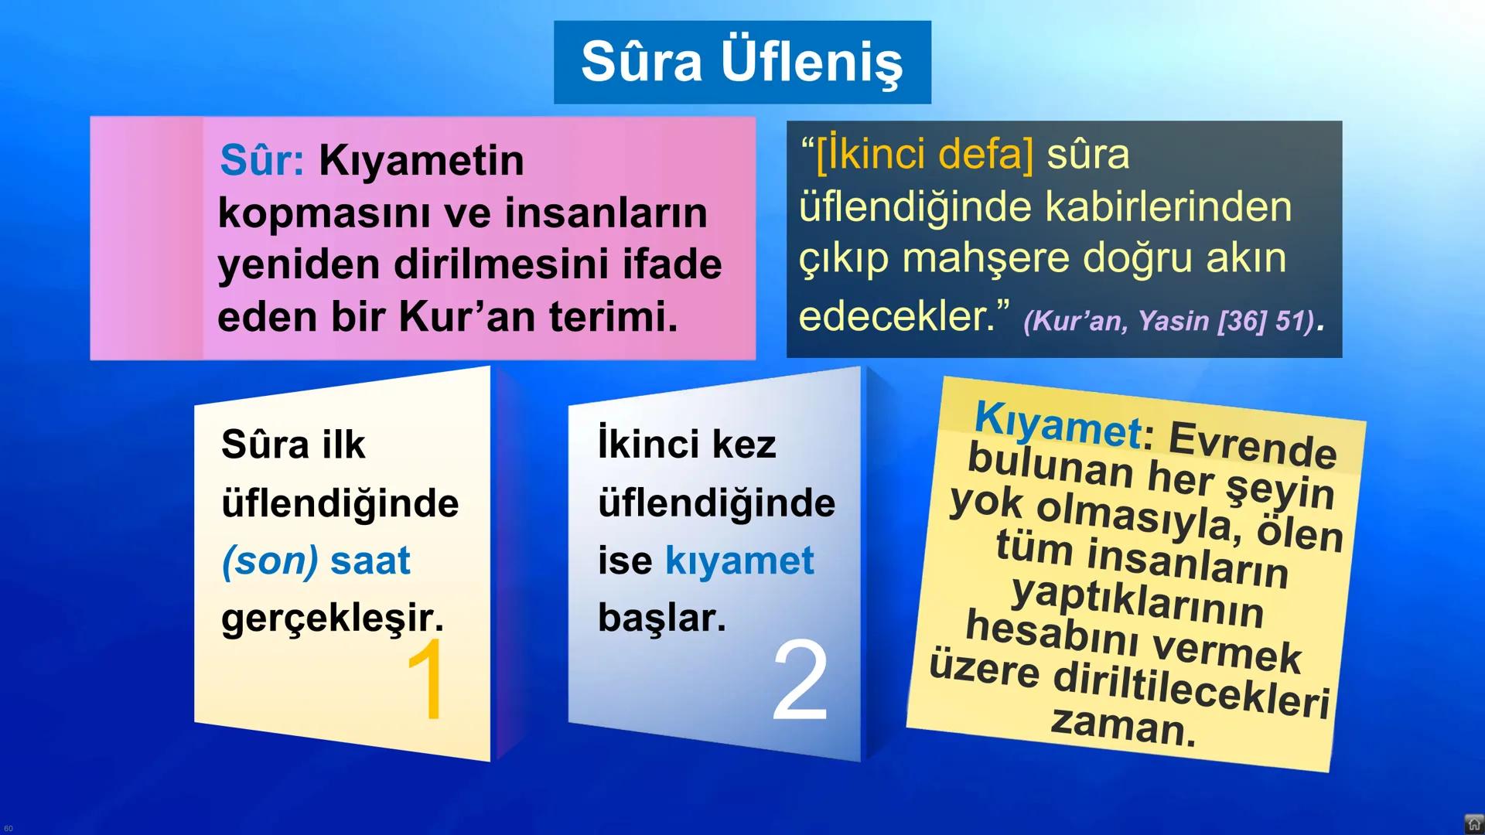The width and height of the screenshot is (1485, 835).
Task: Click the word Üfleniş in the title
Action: click(811, 63)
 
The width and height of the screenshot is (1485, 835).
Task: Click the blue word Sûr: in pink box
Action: click(261, 161)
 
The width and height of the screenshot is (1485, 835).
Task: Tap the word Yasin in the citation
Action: click(1173, 321)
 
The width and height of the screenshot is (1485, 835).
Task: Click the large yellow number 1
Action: click(426, 680)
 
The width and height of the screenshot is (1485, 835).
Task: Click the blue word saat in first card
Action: click(370, 561)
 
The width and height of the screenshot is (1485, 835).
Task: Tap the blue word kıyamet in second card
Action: click(739, 561)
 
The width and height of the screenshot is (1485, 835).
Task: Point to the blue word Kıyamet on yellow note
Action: click(1057, 424)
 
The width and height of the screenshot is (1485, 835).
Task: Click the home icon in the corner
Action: click(1473, 824)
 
